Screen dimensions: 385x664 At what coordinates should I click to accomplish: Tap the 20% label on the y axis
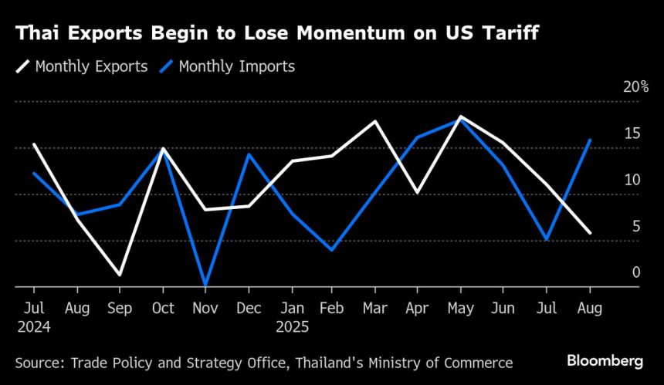(635, 86)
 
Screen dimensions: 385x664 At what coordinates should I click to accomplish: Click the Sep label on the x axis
(120, 308)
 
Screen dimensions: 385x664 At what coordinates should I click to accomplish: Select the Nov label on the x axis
(205, 308)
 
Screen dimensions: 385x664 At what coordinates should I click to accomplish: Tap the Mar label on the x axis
(374, 308)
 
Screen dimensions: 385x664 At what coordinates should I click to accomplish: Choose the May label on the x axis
(460, 308)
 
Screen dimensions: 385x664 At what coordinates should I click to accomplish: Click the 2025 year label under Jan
(293, 326)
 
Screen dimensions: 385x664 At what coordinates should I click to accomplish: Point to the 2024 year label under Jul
(34, 326)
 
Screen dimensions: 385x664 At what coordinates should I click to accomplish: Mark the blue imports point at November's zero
(205, 285)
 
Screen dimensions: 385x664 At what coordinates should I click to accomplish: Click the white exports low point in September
(120, 275)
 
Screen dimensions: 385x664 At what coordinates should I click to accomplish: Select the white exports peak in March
(375, 121)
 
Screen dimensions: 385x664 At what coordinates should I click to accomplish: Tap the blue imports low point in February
(332, 250)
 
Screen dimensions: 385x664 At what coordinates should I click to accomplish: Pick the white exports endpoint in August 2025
(590, 232)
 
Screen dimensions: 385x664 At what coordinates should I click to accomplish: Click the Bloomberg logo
(605, 360)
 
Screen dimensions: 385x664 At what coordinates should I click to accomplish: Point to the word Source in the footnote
(36, 362)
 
